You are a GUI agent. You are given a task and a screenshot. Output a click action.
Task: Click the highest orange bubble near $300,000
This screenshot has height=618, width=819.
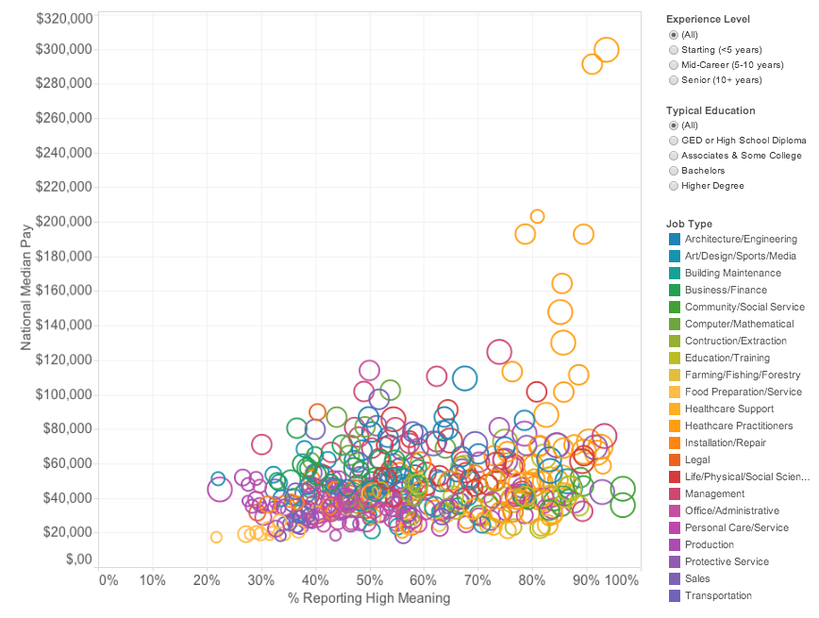[x=607, y=50]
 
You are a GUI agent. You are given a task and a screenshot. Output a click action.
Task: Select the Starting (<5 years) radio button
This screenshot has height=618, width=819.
[x=673, y=50]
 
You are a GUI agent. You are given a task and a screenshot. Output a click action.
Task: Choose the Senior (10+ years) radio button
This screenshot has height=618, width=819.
[x=673, y=80]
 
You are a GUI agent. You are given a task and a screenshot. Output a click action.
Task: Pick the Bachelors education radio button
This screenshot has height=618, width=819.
[x=673, y=171]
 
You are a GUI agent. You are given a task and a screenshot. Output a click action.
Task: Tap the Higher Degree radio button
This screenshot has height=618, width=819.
[x=673, y=186]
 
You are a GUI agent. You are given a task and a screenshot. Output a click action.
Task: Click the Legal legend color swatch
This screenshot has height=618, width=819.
[x=674, y=459]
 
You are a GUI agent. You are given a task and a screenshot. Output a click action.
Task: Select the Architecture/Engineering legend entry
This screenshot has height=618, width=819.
[x=741, y=239]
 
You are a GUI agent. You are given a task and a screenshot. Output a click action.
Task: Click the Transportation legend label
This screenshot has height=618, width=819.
[x=718, y=595]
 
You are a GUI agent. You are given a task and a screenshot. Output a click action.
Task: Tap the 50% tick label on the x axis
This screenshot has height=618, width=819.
[x=369, y=579]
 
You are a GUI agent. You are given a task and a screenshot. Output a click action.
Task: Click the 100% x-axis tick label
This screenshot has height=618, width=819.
[x=622, y=579]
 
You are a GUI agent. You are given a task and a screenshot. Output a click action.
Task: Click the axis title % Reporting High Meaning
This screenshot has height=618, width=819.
[x=369, y=598]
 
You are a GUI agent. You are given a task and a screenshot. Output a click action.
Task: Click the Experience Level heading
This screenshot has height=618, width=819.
[x=708, y=19]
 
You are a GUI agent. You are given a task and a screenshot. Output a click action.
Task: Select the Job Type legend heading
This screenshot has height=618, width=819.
[x=689, y=224]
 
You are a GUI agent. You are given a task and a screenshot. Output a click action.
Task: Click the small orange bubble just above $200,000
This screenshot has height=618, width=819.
[x=537, y=216]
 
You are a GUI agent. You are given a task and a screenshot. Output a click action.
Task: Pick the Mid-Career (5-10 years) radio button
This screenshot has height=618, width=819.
[x=673, y=65]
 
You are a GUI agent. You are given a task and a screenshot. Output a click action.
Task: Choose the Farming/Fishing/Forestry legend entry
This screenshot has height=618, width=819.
[x=743, y=375]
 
